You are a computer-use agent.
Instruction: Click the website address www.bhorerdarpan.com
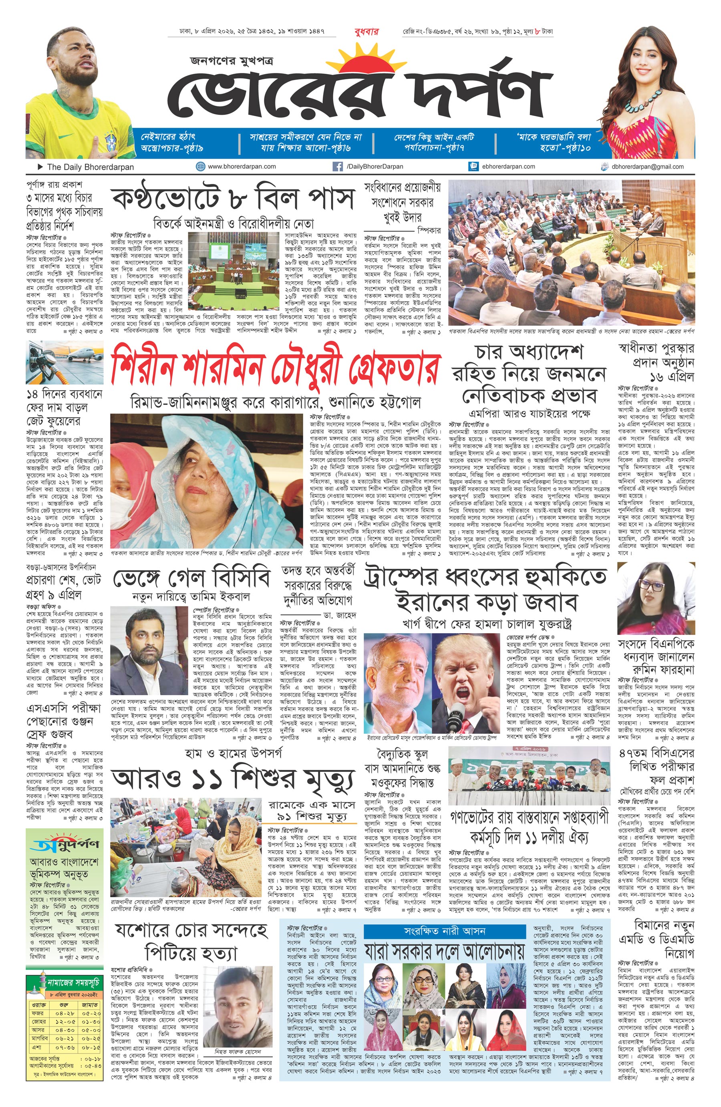point(242,167)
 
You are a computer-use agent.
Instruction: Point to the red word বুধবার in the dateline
point(367,32)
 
